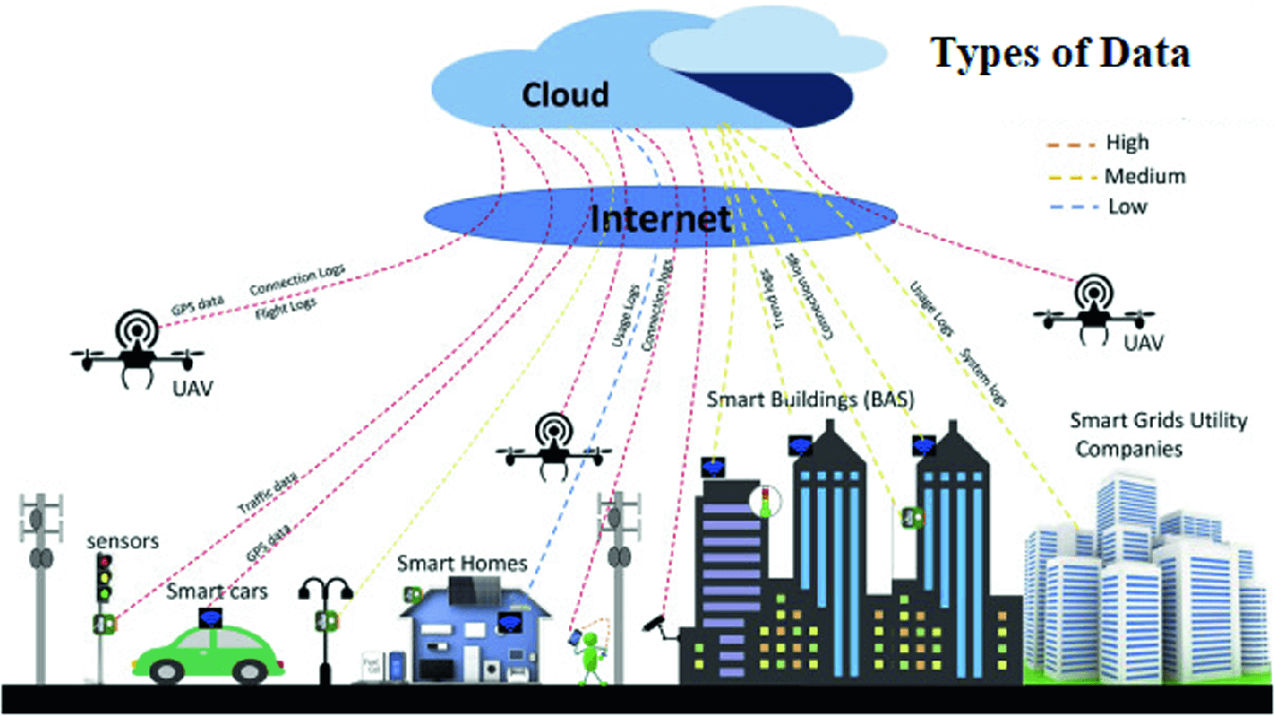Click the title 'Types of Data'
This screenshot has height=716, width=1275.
[1060, 54]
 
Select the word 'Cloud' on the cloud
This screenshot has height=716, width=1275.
[565, 94]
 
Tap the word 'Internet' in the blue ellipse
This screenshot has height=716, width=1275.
[661, 219]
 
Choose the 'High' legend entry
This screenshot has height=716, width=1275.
[1127, 144]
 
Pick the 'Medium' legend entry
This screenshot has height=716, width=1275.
[1144, 175]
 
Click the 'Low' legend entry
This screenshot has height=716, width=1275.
[1127, 206]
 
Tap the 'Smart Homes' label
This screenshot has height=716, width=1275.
[461, 564]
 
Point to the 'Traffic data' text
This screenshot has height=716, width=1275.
[269, 493]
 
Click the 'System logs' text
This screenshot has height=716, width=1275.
[982, 376]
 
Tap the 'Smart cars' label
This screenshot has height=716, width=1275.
[217, 592]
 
